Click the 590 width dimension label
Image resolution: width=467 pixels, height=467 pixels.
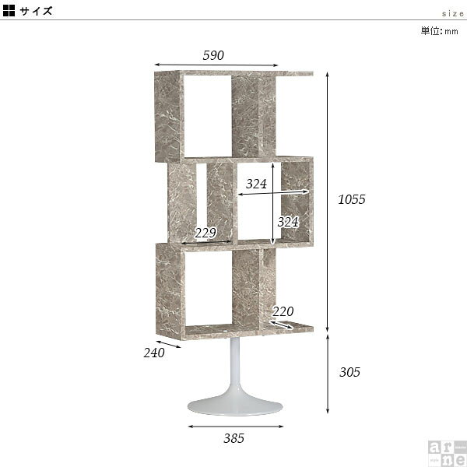[213, 55]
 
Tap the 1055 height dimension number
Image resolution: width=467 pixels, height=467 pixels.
[352, 199]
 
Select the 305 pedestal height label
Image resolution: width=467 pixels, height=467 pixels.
[349, 372]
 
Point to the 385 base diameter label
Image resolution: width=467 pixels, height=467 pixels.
[233, 438]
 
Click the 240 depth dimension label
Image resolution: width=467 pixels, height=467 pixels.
[154, 353]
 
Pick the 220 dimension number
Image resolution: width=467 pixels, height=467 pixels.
[283, 311]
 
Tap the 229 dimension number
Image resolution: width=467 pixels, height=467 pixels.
[205, 233]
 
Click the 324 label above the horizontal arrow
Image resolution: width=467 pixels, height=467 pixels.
[256, 184]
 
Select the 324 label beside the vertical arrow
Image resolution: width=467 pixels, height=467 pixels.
[288, 222]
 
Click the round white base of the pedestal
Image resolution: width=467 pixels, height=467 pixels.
[235, 406]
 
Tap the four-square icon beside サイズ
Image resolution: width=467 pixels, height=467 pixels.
[9, 10]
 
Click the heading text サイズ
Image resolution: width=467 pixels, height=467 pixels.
[36, 11]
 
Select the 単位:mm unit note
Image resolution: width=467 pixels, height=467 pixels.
[439, 31]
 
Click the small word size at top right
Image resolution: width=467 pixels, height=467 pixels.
[453, 14]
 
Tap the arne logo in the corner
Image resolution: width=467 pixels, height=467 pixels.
[447, 453]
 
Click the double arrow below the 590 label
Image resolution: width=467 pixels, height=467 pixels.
[216, 65]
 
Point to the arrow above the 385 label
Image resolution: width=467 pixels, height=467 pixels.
[236, 427]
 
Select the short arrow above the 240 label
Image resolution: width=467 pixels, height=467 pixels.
[168, 344]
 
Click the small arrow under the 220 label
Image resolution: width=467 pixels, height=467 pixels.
[282, 325]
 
